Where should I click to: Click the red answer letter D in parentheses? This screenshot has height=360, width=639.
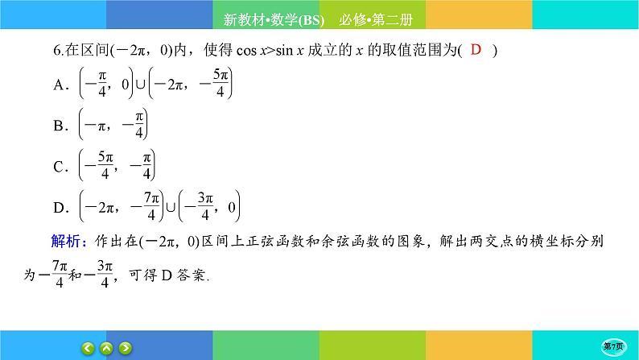click(476, 50)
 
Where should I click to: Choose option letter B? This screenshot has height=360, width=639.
click(58, 126)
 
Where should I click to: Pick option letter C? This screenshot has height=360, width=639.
click(58, 168)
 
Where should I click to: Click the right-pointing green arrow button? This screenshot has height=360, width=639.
click(126, 348)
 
